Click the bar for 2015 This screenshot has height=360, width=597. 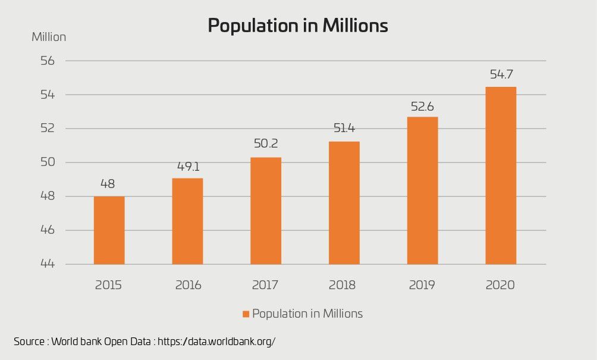[x=109, y=230]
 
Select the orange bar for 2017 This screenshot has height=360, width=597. [x=266, y=211]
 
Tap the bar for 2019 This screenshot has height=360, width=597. [x=422, y=190]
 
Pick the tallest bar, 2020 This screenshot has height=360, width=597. [x=501, y=176]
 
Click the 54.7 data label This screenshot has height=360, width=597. [x=501, y=75]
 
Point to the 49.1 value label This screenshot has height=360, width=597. [x=187, y=167]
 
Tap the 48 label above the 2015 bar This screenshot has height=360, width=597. [x=109, y=184]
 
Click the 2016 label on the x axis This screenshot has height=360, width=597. [x=188, y=285]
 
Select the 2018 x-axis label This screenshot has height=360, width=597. [x=344, y=285]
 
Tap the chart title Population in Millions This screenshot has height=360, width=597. [x=298, y=26]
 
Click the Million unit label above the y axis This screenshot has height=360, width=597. [x=49, y=37]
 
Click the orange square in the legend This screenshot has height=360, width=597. [x=246, y=314]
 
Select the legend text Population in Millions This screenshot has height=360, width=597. [x=307, y=314]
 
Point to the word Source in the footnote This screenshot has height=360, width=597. [x=28, y=342]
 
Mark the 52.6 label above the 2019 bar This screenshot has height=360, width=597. [x=422, y=107]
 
